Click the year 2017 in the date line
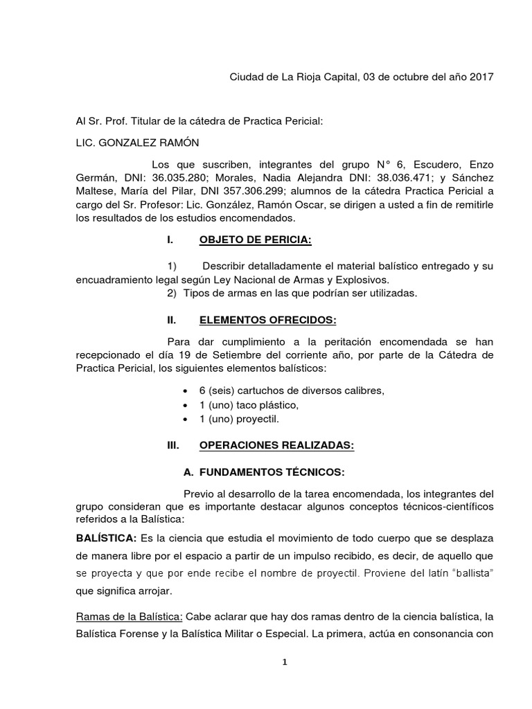click(x=481, y=77)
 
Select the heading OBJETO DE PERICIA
click(x=255, y=240)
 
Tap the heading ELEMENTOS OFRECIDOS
click(x=267, y=321)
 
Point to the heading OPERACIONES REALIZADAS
click(x=276, y=447)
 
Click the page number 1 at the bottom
click(x=284, y=662)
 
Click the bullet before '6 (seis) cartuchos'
click(x=184, y=391)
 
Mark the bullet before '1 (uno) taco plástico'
click(x=184, y=405)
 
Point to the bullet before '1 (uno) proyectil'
click(x=184, y=419)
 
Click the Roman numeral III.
click(x=173, y=447)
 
